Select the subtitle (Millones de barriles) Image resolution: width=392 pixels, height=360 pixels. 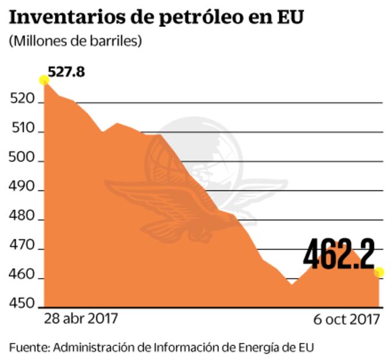pos(75,42)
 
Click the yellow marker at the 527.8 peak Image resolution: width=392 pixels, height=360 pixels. pos(44,80)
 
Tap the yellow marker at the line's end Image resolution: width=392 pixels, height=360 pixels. pos(379,272)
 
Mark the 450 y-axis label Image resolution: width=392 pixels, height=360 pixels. pos(21,305)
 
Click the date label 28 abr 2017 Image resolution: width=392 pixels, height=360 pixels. pos(81,319)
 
